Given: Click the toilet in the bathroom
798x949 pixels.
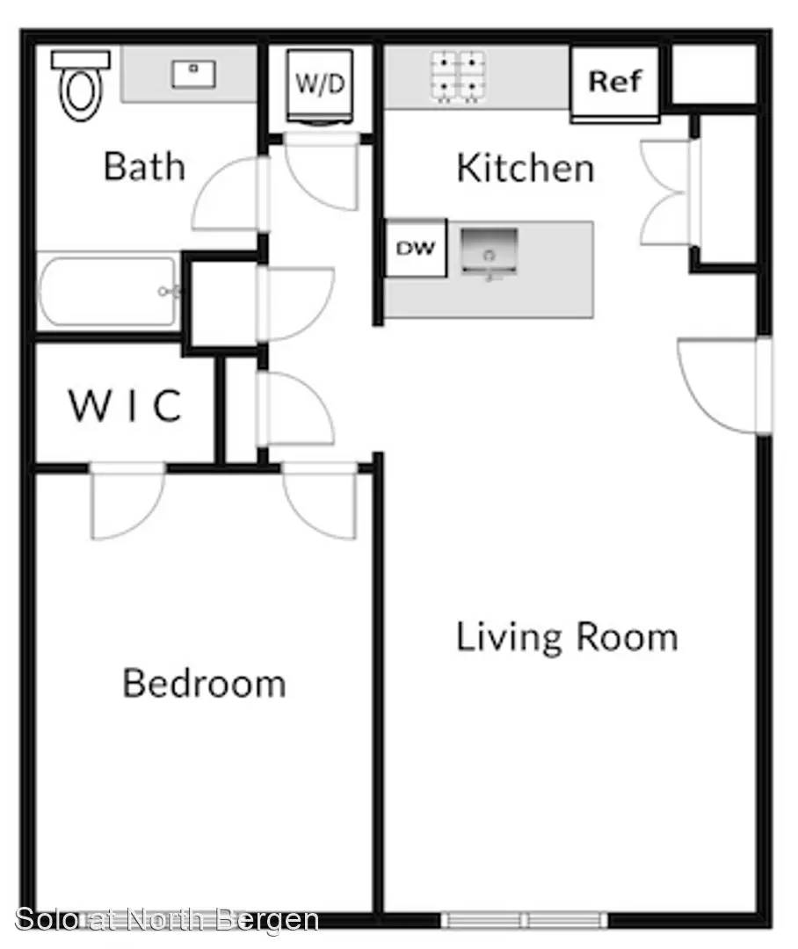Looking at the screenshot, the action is pos(81,85).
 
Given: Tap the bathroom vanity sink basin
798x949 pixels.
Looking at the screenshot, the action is pos(193,75).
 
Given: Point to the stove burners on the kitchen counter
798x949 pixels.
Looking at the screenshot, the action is pos(458,76).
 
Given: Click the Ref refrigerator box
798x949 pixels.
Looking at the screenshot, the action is pos(614,84).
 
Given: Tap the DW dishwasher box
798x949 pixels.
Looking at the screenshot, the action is pos(416,248).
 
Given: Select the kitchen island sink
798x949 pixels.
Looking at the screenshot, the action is pos(490,252).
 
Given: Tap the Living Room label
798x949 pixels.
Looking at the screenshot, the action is pos(567,637).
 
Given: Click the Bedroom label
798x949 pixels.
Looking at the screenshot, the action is pos(204,683).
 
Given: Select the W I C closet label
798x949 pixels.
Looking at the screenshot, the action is pos(125,405).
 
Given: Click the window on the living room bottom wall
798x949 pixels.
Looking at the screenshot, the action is pos(525,920).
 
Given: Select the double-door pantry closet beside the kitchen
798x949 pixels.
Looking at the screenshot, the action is pos(672,192).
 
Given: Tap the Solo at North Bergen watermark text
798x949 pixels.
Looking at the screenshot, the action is pos(166,920).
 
